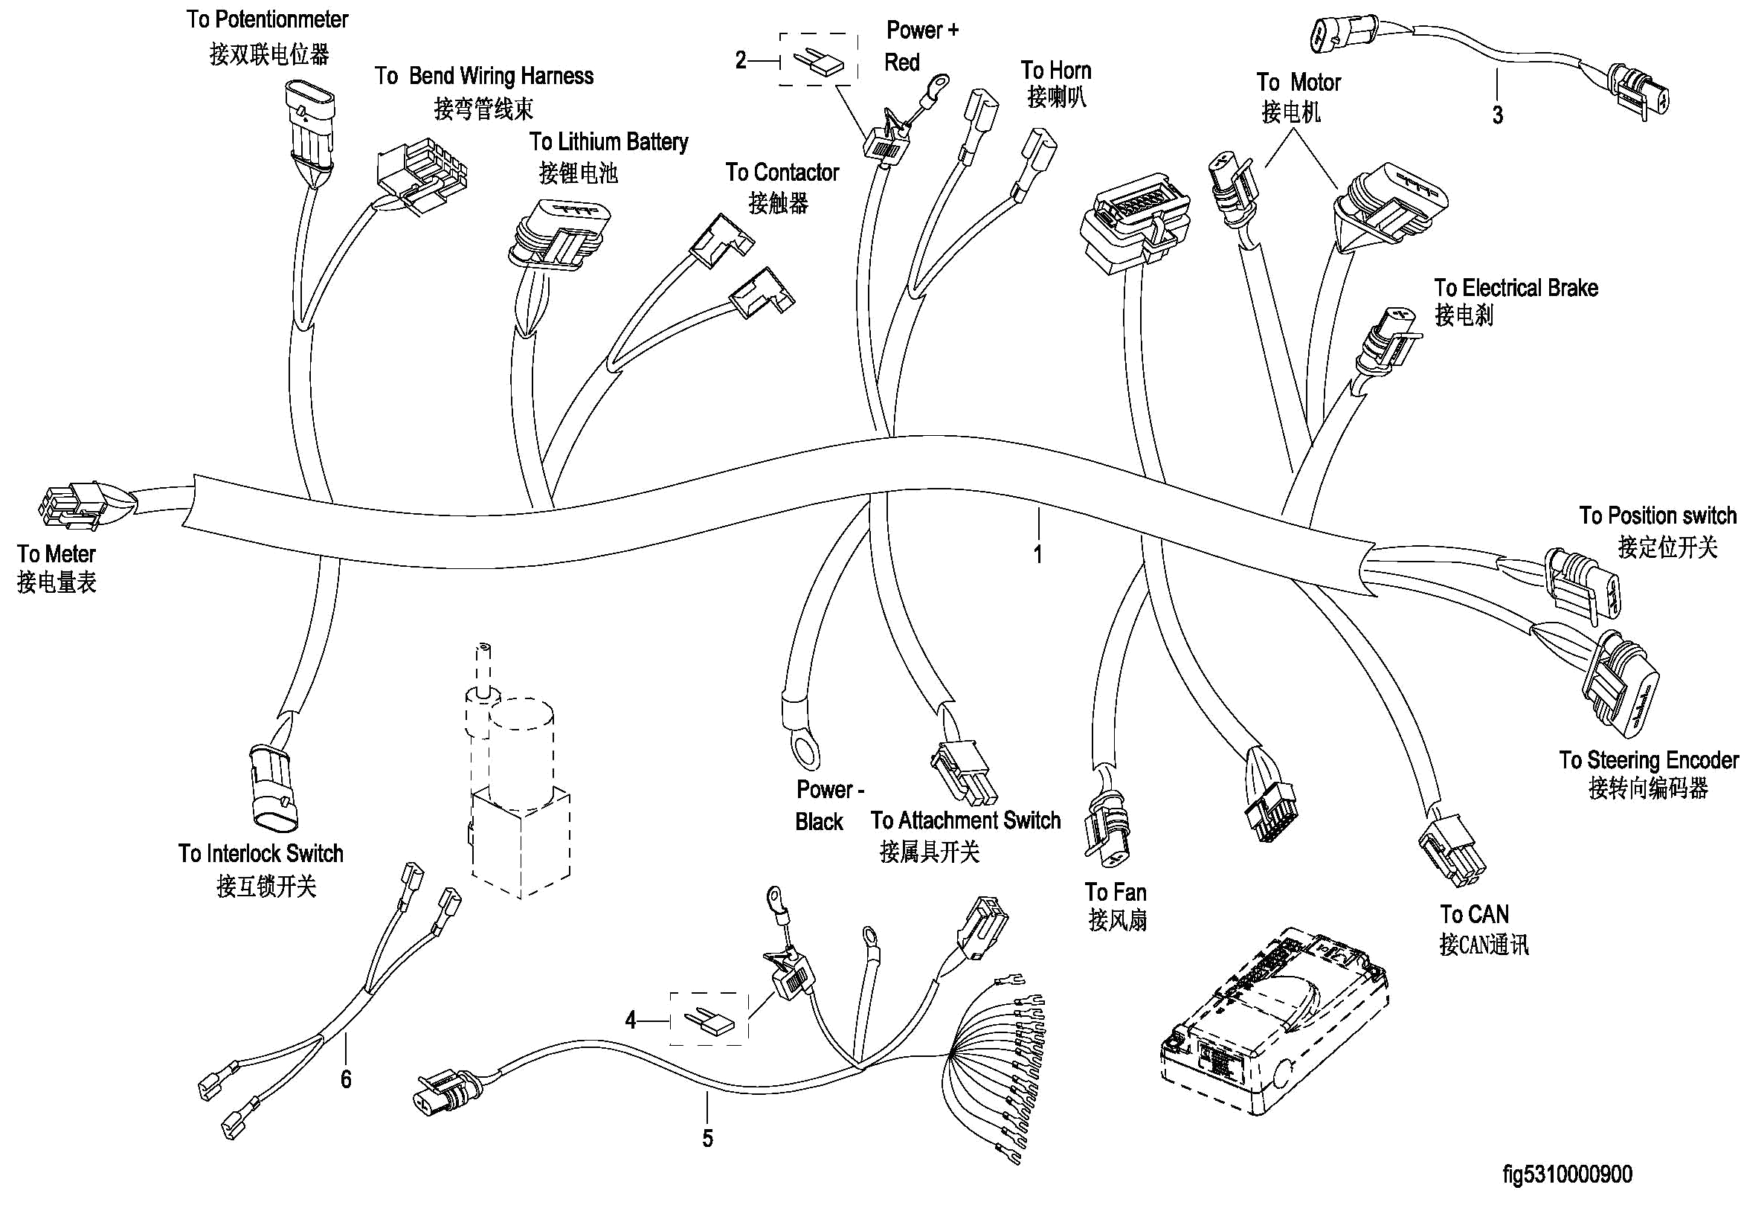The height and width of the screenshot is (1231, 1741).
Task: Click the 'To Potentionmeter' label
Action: pyautogui.click(x=267, y=20)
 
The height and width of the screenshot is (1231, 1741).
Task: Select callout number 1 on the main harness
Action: pyautogui.click(x=1037, y=554)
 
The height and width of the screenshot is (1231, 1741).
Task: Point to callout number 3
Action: pyautogui.click(x=1498, y=115)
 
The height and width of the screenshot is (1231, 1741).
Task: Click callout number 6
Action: pyautogui.click(x=346, y=1079)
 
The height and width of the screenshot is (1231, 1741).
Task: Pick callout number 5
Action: pyautogui.click(x=707, y=1139)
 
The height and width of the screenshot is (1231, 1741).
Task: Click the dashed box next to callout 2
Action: pyautogui.click(x=819, y=60)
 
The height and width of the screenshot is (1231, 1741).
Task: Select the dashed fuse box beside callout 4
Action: pyautogui.click(x=709, y=1019)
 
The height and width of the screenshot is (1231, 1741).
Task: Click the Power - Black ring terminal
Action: pyautogui.click(x=804, y=747)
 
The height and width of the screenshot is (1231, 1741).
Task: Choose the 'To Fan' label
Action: pyautogui.click(x=1116, y=893)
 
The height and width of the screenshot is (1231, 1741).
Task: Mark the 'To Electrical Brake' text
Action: pyautogui.click(x=1516, y=288)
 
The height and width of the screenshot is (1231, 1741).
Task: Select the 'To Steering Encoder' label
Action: pyautogui.click(x=1649, y=760)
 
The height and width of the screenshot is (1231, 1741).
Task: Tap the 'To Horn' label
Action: pyautogui.click(x=1055, y=71)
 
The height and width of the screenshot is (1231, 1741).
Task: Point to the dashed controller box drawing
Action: pyautogui.click(x=1274, y=1021)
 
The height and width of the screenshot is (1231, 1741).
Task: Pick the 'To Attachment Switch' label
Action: pyautogui.click(x=965, y=820)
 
